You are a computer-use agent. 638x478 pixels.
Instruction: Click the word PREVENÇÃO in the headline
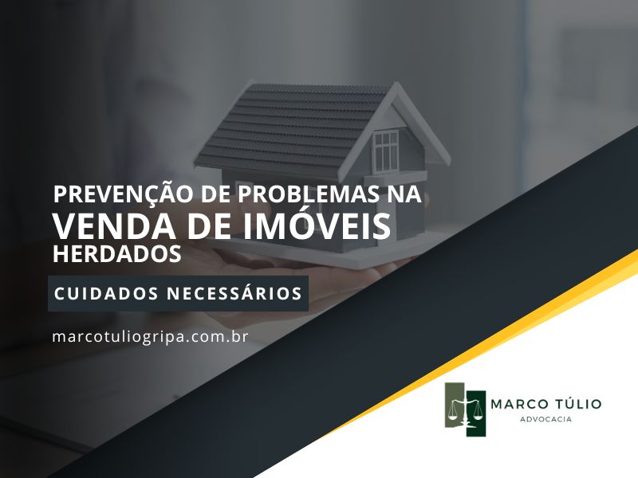[123, 194]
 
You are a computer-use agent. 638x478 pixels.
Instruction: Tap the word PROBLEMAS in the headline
[307, 194]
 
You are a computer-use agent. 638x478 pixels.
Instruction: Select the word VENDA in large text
[115, 226]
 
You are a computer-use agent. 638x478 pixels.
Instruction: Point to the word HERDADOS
[117, 253]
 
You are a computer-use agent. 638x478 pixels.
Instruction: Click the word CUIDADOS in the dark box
[106, 293]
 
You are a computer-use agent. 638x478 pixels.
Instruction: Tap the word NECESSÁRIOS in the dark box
[234, 292]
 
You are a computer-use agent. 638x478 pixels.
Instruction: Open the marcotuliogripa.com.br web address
[150, 336]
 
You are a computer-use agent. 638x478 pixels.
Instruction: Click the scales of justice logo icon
[465, 409]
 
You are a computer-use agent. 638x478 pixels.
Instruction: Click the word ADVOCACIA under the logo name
[545, 419]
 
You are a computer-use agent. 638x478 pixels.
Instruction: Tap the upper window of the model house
[386, 151]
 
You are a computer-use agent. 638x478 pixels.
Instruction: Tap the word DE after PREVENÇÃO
[215, 194]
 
